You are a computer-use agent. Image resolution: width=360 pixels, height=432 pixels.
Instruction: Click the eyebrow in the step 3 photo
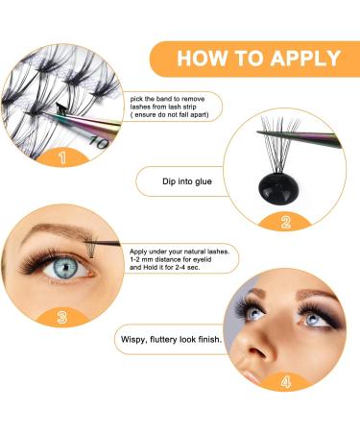click(62, 235)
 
